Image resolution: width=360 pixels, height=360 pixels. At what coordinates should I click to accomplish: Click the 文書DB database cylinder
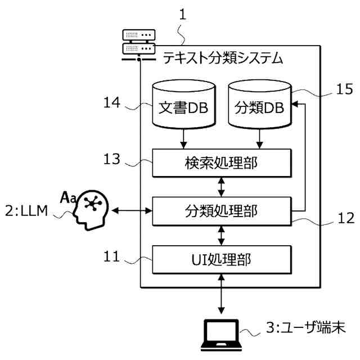184,105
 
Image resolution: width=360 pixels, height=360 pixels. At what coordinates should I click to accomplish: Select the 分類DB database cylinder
260,105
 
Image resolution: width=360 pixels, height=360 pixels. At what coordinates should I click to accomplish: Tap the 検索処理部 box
222,163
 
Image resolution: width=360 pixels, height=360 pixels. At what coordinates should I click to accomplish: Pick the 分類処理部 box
222,211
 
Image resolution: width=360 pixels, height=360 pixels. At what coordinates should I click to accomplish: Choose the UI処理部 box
222,260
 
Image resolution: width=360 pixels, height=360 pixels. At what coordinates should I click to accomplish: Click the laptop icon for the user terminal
221,335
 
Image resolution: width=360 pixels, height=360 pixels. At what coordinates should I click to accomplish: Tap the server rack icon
139,45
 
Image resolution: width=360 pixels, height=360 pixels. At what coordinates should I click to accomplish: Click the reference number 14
112,102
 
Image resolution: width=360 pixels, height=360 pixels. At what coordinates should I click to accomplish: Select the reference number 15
345,89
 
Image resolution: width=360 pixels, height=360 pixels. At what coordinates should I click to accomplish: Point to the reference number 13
112,159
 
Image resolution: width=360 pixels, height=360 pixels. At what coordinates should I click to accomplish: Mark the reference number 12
346,218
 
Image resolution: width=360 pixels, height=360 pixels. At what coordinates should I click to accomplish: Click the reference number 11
112,256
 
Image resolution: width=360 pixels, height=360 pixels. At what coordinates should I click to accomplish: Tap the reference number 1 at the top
183,15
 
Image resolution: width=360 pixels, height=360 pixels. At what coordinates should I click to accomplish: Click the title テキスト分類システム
223,57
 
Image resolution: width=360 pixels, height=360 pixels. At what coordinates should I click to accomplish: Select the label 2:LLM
26,211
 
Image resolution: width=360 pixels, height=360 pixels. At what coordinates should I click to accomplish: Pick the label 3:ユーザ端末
306,327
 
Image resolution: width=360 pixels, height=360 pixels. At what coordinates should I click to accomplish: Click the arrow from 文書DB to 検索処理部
183,139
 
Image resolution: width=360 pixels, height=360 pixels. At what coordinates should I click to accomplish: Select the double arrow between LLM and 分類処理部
132,210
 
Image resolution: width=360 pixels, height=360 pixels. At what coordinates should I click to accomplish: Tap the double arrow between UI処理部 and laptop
221,294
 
